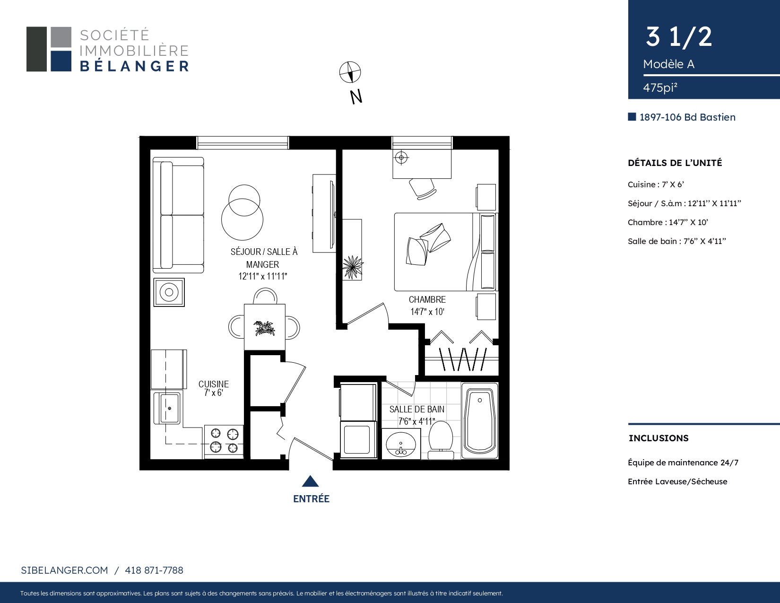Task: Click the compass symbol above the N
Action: click(350, 72)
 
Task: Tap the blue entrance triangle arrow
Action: click(311, 482)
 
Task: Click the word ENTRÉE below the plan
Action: click(311, 499)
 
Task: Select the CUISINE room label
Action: click(214, 384)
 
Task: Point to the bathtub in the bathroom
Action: click(480, 420)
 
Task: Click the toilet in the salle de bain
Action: click(441, 440)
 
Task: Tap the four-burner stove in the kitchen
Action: click(224, 442)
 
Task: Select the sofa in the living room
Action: click(178, 215)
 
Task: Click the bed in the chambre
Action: click(445, 252)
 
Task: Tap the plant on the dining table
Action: click(265, 328)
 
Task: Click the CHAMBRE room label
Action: click(427, 299)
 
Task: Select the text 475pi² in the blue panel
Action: click(660, 87)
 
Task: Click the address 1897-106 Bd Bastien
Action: click(687, 117)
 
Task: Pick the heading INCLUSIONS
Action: click(659, 438)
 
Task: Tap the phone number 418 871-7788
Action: click(154, 570)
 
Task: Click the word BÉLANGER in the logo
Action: click(134, 66)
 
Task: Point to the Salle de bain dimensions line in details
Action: click(677, 241)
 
